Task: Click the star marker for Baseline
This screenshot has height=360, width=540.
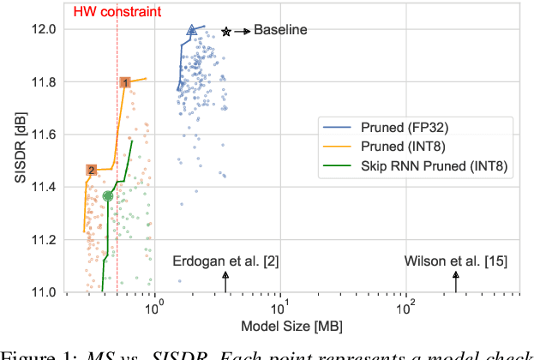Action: click(226, 32)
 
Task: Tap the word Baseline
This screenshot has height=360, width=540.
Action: click(280, 31)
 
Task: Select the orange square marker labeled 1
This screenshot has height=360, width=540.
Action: click(125, 82)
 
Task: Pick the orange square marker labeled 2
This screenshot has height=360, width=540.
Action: click(91, 171)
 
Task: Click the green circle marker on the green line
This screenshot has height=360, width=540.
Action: click(108, 196)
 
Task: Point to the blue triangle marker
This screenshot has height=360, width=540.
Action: click(192, 30)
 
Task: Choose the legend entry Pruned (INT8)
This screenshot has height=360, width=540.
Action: click(401, 147)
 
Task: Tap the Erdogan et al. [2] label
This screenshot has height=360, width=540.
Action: click(225, 260)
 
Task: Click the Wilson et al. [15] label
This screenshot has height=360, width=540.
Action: click(454, 260)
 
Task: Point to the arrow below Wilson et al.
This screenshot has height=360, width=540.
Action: click(456, 280)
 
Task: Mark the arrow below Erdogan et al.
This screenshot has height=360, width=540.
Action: click(225, 280)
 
